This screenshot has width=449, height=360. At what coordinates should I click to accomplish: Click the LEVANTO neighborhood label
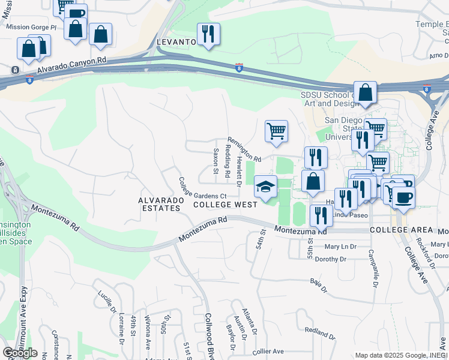pos(176,42)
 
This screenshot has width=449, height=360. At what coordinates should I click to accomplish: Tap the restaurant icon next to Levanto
pos(208,35)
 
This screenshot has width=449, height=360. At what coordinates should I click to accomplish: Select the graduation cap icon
pos(265,187)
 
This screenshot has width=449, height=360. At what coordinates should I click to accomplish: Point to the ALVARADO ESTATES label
pos(159,204)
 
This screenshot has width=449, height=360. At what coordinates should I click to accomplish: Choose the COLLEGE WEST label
pos(225,205)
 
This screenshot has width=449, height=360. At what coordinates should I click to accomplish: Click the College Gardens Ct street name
pos(202,189)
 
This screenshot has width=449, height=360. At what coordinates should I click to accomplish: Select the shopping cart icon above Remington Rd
pos(276,131)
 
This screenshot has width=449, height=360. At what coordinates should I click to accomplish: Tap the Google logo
pos(20,353)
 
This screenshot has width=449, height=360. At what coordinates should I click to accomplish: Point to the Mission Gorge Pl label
pos(31,28)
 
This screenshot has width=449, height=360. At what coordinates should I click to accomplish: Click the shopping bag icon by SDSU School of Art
pos(365,94)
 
